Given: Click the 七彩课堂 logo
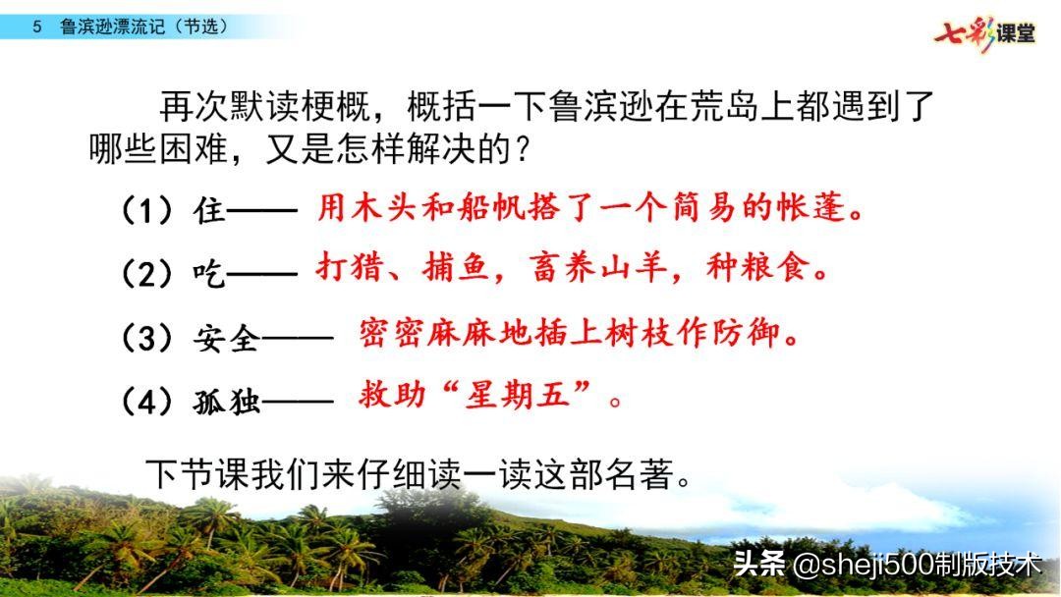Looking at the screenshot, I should click(984, 32).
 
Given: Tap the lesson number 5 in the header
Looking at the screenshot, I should click(37, 27).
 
